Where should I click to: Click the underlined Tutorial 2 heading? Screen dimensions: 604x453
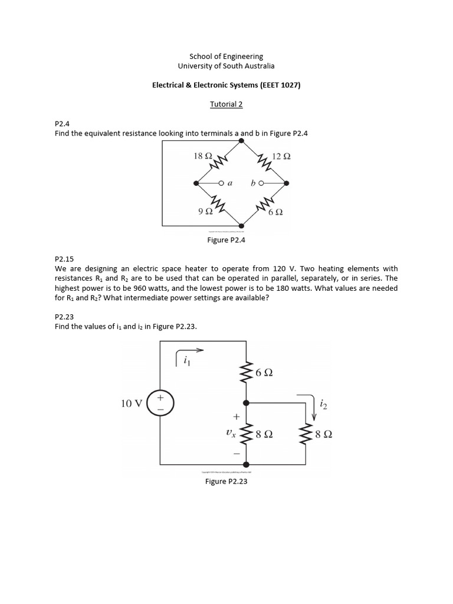click(226, 104)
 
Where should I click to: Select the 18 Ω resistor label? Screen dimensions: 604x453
click(203, 156)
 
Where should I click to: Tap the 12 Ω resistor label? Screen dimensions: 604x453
click(281, 157)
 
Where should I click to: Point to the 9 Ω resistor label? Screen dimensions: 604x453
click(205, 211)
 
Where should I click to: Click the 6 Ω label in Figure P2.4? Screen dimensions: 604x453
click(275, 212)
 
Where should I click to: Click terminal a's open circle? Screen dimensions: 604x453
click(221, 183)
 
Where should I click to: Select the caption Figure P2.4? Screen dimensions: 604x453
click(226, 241)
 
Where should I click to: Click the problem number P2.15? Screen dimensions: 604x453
click(63, 258)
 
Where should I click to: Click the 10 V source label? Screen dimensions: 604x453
click(132, 403)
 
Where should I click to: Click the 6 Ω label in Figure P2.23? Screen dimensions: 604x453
click(264, 373)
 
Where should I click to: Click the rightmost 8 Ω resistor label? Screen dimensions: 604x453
click(324, 435)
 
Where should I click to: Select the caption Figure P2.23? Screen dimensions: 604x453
click(226, 482)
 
